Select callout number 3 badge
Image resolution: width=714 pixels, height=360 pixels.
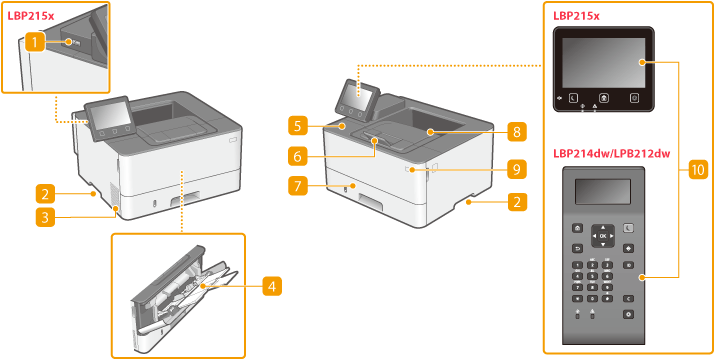[x=45, y=217]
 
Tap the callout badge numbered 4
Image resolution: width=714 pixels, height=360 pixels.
[x=272, y=286]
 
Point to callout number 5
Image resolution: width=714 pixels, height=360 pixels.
[x=297, y=126]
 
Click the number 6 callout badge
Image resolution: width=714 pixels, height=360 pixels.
[x=297, y=157]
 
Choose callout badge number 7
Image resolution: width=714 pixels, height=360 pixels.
[x=297, y=187]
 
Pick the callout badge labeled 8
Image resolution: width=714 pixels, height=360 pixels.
[x=517, y=132]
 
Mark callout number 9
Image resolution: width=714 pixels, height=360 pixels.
[x=517, y=170]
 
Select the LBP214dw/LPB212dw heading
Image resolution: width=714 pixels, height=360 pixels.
[x=612, y=154]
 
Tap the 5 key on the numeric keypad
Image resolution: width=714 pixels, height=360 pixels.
[x=592, y=276]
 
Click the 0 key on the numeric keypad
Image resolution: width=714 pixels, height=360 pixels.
[x=592, y=298]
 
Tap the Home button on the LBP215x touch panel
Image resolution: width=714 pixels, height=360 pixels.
[x=603, y=97]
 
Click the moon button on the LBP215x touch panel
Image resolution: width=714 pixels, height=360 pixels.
[x=572, y=97]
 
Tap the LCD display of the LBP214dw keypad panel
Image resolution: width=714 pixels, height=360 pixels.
[x=602, y=192]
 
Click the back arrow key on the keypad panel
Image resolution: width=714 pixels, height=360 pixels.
[x=577, y=248]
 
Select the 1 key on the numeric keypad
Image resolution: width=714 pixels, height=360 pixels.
[x=577, y=265]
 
